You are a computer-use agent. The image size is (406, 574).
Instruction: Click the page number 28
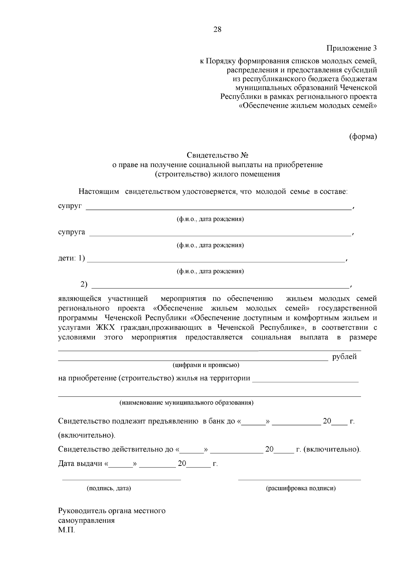click(x=217, y=29)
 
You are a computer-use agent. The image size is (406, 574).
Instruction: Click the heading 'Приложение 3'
click(x=352, y=48)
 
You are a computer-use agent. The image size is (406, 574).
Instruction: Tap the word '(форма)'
click(x=363, y=137)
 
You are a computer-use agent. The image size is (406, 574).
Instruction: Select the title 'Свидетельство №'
click(x=218, y=155)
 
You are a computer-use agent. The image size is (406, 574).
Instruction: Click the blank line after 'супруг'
click(x=218, y=209)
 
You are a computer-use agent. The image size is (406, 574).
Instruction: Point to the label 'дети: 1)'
click(x=71, y=259)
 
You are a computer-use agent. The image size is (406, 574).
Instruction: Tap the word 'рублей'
click(x=344, y=357)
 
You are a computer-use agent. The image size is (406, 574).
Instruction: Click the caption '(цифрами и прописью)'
click(x=206, y=365)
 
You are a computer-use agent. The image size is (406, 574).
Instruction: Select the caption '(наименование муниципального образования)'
click(x=186, y=403)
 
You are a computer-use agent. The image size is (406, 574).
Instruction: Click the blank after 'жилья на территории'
click(x=305, y=381)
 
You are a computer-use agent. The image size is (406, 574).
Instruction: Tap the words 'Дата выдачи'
click(x=80, y=464)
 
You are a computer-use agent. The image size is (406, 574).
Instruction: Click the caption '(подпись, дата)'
click(x=109, y=488)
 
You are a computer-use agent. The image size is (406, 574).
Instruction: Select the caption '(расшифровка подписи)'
click(x=301, y=488)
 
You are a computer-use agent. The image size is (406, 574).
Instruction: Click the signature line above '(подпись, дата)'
click(x=121, y=479)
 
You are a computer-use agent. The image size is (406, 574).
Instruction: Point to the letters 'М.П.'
click(x=66, y=530)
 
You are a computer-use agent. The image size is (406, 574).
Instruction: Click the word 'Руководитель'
click(x=82, y=511)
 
